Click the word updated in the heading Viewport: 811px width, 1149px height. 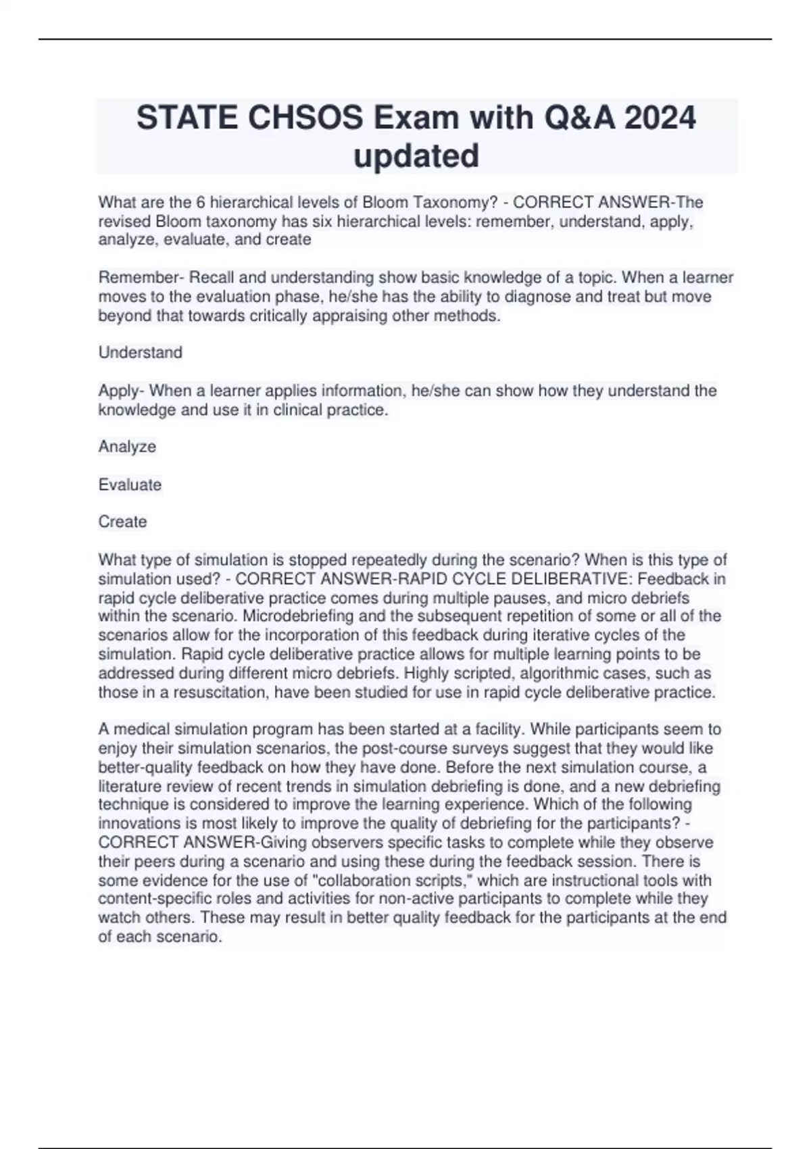click(x=416, y=155)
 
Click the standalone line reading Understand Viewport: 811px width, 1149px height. click(x=141, y=353)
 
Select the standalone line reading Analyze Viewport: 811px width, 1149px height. click(x=127, y=447)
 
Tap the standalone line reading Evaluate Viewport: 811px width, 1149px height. click(x=130, y=485)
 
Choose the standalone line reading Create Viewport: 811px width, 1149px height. click(x=122, y=522)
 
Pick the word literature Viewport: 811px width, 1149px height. click(x=130, y=786)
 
